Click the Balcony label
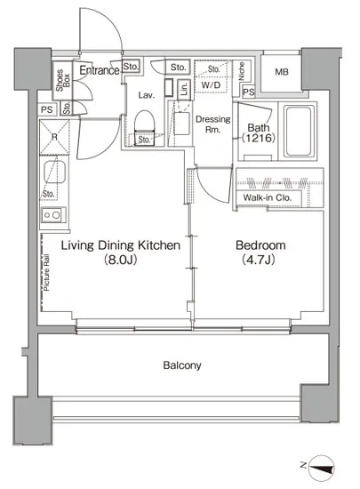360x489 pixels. (x=182, y=365)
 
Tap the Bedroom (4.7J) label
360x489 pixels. (x=260, y=253)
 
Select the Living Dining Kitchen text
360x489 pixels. (x=120, y=245)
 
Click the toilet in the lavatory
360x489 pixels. (x=145, y=127)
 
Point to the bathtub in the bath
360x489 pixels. (x=299, y=131)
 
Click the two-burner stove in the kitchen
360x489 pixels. (x=52, y=215)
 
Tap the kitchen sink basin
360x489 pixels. (x=54, y=172)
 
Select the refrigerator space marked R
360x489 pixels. (x=54, y=137)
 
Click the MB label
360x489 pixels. (x=282, y=72)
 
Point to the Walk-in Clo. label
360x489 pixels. (x=268, y=197)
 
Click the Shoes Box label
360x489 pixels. (x=63, y=80)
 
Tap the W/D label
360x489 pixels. (x=211, y=84)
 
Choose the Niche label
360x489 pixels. (x=241, y=71)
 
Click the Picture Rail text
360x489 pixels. (x=46, y=273)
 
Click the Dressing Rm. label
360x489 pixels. (x=212, y=124)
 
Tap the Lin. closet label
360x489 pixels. (x=184, y=88)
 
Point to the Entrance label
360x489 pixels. (x=100, y=70)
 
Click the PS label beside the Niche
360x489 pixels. (x=248, y=92)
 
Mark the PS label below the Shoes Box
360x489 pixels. (x=47, y=109)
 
